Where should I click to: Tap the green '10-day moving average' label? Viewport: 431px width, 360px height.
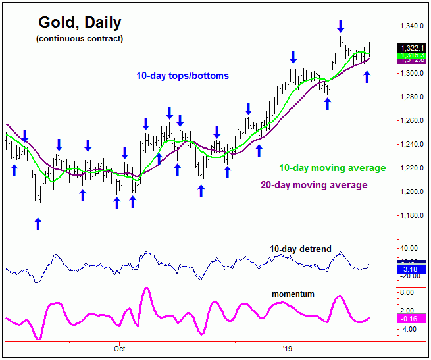(332, 168)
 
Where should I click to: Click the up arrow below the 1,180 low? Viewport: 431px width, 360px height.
(38, 223)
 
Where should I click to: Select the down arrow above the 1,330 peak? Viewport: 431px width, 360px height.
(340, 26)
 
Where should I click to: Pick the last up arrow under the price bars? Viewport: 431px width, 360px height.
(367, 76)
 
